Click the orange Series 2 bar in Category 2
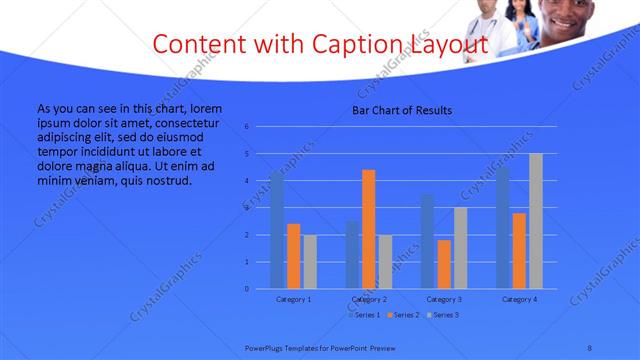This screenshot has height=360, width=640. [368, 229]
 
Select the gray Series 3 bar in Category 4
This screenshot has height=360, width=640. [536, 221]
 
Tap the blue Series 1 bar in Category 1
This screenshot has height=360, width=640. [277, 230]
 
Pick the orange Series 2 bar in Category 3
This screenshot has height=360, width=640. [444, 264]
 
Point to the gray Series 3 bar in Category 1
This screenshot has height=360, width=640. [310, 262]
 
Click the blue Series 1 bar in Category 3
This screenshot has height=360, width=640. [428, 241]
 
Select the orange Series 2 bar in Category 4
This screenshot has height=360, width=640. [519, 250]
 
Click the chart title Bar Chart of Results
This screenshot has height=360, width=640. [402, 110]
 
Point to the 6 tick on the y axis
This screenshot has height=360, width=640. [247, 127]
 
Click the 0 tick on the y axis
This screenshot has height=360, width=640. [247, 289]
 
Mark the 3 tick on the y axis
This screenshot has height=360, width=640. [247, 208]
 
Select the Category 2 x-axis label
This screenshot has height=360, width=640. [369, 300]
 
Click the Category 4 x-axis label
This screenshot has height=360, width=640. [520, 300]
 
